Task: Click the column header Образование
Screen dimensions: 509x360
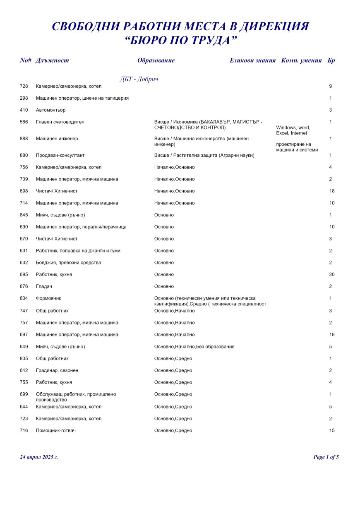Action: click(156, 60)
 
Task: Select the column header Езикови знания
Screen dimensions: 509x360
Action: click(252, 60)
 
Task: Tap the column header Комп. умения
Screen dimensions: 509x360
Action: click(301, 60)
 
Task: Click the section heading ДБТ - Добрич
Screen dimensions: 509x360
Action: click(139, 79)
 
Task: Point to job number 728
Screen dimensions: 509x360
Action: click(24, 86)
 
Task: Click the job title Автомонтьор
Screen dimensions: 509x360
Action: click(51, 110)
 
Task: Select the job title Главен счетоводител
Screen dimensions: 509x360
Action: click(60, 122)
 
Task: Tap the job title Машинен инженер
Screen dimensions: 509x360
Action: click(57, 139)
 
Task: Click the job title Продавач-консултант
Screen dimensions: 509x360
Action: click(60, 155)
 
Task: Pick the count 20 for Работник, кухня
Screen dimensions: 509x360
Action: click(331, 274)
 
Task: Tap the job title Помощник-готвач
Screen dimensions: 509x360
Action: click(56, 430)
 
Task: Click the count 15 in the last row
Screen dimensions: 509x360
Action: click(331, 430)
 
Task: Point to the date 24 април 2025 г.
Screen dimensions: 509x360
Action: click(39, 457)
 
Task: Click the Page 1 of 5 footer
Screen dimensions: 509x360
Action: click(326, 457)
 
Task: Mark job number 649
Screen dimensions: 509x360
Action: click(24, 346)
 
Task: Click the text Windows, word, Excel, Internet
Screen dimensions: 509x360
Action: click(293, 130)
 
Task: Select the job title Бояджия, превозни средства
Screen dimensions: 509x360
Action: click(69, 262)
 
